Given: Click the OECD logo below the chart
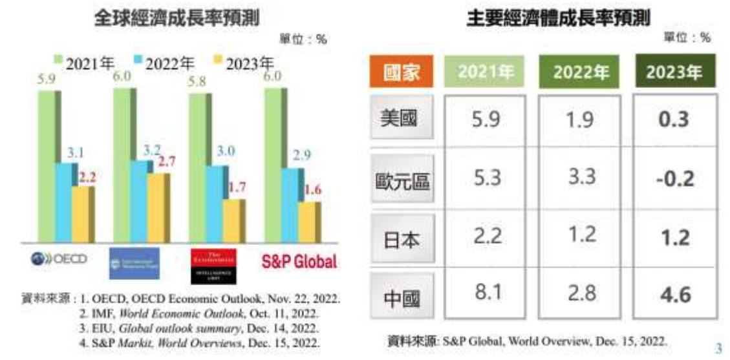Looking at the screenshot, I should pos(59,260).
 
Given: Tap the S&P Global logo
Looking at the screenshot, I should pos(299,262).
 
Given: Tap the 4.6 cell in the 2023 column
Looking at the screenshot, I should pos(674,295).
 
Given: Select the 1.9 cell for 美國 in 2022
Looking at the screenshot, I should pos(579,120).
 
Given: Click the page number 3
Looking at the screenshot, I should pos(719,346).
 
